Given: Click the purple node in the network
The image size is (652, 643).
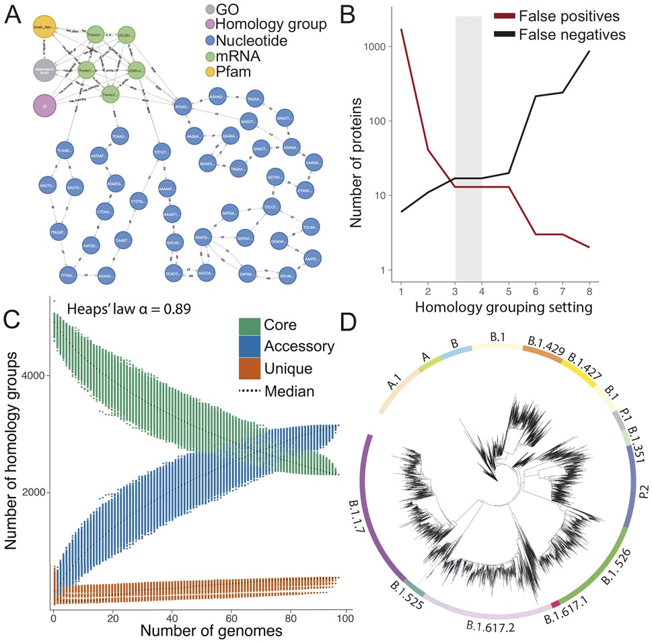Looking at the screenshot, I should click(46, 106).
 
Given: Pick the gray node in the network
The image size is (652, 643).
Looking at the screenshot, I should click(46, 70).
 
